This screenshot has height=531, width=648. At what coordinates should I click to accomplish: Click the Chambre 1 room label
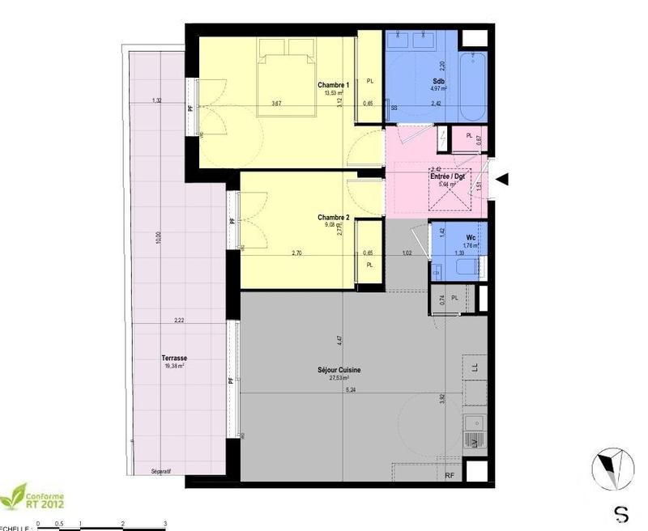333,85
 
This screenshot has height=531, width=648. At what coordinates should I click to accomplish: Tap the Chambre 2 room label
334,217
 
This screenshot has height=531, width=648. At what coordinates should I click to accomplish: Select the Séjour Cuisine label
339,370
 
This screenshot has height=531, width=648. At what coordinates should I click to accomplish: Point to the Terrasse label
173,358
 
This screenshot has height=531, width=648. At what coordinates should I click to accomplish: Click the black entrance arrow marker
502,179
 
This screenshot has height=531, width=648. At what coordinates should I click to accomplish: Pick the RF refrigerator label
450,475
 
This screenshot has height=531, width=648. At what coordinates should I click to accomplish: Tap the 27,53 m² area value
339,378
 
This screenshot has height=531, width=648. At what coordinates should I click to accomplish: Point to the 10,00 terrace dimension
159,238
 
